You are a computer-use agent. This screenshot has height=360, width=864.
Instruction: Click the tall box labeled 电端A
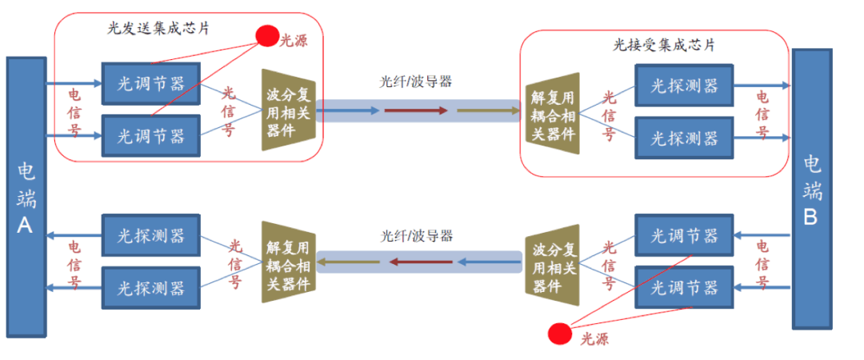(x=26, y=197)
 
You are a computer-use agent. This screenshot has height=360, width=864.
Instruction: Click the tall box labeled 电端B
(x=811, y=189)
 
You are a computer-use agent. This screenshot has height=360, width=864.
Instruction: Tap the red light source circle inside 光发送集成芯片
(x=266, y=36)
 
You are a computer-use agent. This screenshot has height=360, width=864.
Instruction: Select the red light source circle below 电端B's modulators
(x=560, y=332)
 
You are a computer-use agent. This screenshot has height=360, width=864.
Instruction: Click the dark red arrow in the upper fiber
(x=417, y=110)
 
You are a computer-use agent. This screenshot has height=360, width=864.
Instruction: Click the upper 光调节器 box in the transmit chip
(x=150, y=82)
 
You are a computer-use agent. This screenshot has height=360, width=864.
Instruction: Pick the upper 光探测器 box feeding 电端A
(x=150, y=235)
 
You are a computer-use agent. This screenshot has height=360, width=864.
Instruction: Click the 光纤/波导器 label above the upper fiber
(x=416, y=82)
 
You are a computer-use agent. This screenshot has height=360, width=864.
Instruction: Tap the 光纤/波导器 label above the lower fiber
(x=416, y=235)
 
